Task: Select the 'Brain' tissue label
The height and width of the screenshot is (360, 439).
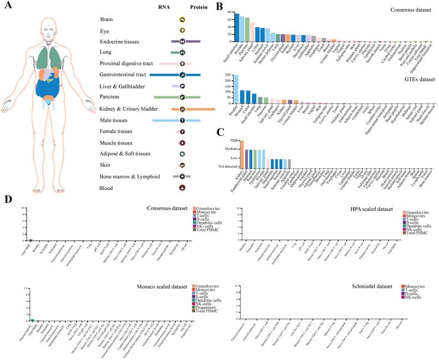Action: (107, 19)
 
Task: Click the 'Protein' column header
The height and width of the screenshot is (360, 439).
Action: (199, 8)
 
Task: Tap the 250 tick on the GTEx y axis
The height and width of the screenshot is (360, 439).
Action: (227, 75)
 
